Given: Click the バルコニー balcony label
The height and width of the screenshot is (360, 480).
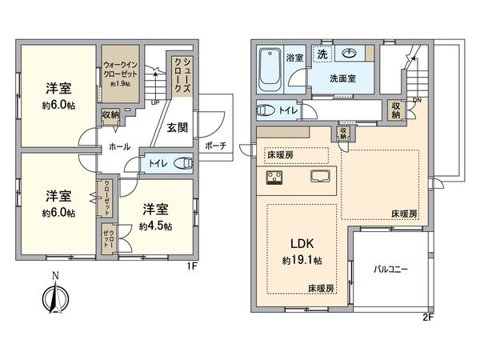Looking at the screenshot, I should pyautogui.click(x=391, y=269).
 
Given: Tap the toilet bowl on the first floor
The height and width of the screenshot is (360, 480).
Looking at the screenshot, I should pyautogui.click(x=184, y=162).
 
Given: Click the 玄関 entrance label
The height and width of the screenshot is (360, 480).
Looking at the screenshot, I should pyautogui.click(x=178, y=126).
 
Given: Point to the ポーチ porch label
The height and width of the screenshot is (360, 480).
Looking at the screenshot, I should pyautogui.click(x=215, y=146).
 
